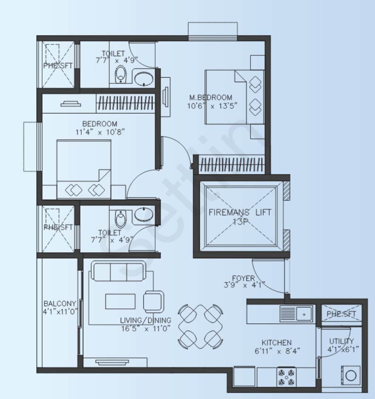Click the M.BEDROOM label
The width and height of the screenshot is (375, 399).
pos(211,98)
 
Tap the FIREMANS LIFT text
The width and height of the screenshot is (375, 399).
pos(240,213)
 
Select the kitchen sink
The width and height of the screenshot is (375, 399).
pos(296,314)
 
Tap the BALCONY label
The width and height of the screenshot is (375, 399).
pos(59,303)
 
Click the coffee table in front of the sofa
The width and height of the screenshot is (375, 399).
pos(120,301)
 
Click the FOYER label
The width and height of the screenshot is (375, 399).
pos(243,278)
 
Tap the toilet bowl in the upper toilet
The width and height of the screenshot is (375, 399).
pos(120,75)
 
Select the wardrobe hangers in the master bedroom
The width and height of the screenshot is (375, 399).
pos(231,165)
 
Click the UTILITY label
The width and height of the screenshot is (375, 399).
pos(341,341)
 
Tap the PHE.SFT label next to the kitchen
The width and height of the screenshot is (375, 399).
pos(341,314)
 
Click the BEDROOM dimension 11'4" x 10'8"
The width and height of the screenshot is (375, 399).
pos(100,132)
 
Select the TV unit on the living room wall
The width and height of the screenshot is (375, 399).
pos(107,362)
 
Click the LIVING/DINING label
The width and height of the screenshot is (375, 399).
pos(146,320)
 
